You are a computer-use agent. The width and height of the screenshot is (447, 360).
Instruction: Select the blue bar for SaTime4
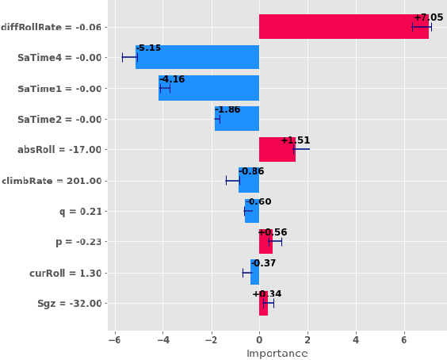coord(197,57)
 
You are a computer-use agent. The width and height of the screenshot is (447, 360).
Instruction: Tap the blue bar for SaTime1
coord(208,88)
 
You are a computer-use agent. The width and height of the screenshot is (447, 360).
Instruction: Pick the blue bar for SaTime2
coord(236,119)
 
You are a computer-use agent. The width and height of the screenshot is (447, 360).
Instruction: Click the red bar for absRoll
coord(277,149)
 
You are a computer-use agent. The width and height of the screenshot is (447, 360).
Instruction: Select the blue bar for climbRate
coord(249,180)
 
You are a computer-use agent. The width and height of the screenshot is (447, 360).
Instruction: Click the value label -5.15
coord(148,48)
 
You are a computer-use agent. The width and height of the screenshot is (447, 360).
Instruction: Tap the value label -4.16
coord(172,79)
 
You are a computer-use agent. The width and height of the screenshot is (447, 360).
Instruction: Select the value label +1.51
coord(296,140)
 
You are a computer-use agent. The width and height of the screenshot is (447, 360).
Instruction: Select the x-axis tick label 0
coord(259,339)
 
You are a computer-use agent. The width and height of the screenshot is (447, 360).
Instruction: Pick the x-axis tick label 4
coord(356,339)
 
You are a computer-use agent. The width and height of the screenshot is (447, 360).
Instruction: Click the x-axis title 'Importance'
coord(277,353)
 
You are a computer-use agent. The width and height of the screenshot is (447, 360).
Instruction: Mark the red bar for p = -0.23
coord(266,242)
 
